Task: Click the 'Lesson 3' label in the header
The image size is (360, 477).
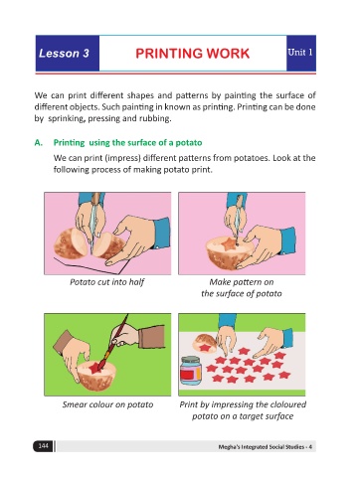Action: (64, 53)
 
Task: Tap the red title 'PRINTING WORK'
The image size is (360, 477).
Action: (193, 54)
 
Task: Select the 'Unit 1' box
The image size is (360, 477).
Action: (301, 53)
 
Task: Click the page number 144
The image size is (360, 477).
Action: (43, 446)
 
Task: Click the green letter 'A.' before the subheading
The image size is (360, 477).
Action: (39, 143)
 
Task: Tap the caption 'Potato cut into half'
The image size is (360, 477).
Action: (107, 282)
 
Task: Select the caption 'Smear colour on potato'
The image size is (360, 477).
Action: (107, 404)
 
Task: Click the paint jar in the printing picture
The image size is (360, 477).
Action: (191, 371)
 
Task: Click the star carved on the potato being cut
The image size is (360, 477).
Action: (229, 244)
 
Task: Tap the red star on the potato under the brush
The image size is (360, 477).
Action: (94, 368)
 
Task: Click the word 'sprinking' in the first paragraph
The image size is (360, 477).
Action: (67, 118)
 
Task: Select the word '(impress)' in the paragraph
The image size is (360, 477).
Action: (122, 158)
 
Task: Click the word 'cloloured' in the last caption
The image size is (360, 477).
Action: (288, 404)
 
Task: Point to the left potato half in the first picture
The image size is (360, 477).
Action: (71, 243)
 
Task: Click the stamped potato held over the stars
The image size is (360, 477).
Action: (206, 343)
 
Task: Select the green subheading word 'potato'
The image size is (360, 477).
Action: (189, 143)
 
